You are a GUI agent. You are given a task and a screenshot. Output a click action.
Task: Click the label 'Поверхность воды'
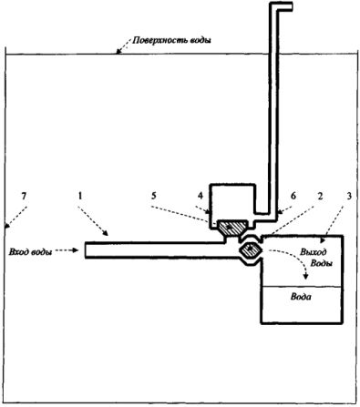coord(171,40)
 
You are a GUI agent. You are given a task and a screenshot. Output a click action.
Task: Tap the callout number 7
coord(24,197)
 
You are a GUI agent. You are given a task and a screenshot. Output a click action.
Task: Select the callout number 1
coord(80,197)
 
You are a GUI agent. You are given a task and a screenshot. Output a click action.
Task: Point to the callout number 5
coord(154,196)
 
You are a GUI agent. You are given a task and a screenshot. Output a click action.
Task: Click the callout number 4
coord(201,196)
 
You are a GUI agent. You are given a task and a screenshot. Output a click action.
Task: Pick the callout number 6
coord(293,196)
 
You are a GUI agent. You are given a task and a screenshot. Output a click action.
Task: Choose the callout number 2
coord(320,196)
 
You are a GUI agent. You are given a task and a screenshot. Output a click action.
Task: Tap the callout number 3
coord(349,196)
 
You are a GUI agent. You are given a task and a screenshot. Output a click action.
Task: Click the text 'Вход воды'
coord(30,251)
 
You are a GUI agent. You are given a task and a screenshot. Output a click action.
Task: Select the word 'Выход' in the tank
coord(314,251)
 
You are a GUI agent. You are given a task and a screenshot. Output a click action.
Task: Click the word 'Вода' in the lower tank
coord(301,296)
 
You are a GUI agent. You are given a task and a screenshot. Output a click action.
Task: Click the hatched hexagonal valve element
coord(251,249)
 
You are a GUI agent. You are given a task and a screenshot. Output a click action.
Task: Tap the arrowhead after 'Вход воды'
coord(76,250)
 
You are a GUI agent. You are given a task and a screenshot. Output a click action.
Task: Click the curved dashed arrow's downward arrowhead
coord(306,277)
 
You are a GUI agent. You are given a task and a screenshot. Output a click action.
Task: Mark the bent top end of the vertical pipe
coord(285,6)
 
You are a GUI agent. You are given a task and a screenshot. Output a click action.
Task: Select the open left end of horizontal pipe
coord(86,250)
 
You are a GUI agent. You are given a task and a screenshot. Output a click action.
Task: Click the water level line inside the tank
coord(302,286)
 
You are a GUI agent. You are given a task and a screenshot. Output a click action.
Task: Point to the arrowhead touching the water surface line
coord(118,52)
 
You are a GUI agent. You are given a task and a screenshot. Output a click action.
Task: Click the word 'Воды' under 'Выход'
coord(321,263)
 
